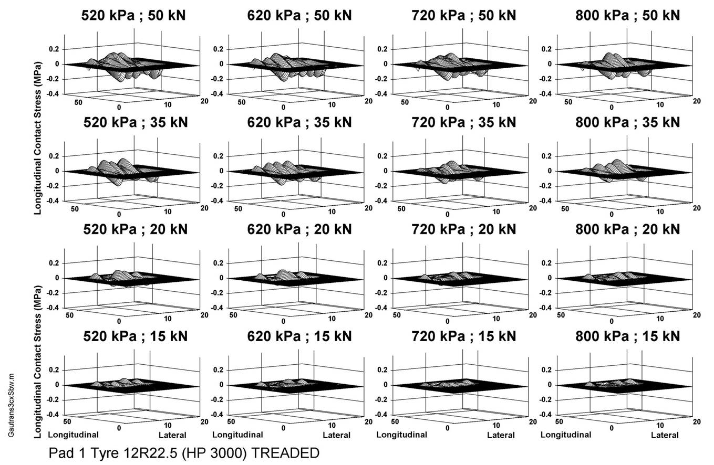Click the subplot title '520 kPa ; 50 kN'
coord(133,16)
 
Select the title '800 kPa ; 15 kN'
coord(627,336)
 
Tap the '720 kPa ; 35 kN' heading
coord(463,122)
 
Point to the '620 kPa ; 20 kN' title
coord(299,229)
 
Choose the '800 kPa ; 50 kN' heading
coord(627,16)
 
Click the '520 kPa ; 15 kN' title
coord(133,336)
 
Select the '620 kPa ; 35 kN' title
coord(299,122)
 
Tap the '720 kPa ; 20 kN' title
coord(463,229)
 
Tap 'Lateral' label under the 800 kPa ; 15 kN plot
coord(665,436)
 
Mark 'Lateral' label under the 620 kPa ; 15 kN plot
coord(336,436)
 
